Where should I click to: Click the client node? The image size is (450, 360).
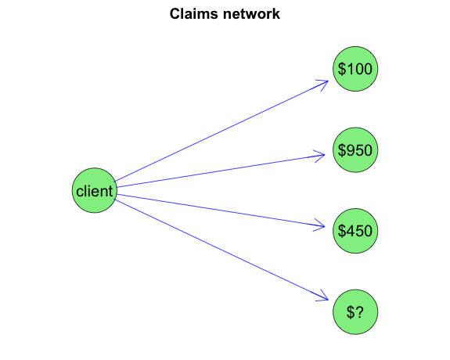95,190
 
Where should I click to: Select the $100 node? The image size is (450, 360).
355,69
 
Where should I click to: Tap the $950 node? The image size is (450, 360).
355,149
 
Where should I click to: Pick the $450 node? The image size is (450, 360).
355,231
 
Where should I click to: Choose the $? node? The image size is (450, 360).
355,311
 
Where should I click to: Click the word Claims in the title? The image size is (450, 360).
194,14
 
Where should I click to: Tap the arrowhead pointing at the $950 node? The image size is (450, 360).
321,156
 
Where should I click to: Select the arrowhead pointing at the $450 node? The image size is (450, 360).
321,225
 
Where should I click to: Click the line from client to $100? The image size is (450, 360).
221,131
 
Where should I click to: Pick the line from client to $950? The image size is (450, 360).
221,171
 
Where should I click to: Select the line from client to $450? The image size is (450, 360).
221,211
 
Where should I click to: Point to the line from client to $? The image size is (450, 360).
221,250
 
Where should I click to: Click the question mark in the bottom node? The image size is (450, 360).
359,311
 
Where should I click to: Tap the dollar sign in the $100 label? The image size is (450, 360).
342,69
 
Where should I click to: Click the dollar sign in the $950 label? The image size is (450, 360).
342,149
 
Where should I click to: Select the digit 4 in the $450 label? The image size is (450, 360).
351,231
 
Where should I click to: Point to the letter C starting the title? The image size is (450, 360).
175,14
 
